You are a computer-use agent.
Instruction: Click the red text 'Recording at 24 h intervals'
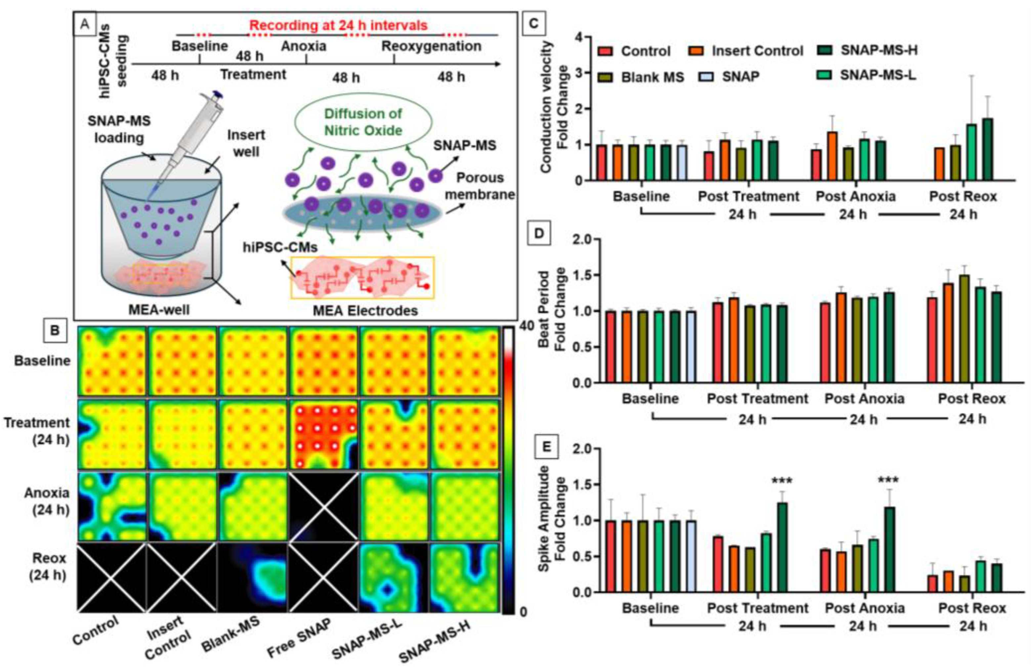(338, 25)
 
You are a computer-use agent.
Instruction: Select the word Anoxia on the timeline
(304, 46)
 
